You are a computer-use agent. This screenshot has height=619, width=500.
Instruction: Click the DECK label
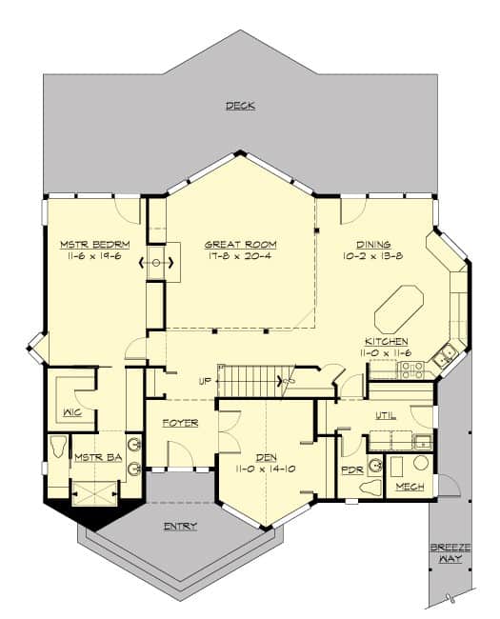(240, 106)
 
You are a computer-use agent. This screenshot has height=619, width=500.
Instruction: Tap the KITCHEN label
(387, 341)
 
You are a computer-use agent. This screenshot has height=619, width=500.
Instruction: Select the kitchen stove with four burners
(411, 369)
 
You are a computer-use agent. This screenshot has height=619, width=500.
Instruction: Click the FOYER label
(179, 422)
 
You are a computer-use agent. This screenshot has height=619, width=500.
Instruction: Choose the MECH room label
(410, 487)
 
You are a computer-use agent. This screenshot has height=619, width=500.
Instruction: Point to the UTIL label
(386, 416)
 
